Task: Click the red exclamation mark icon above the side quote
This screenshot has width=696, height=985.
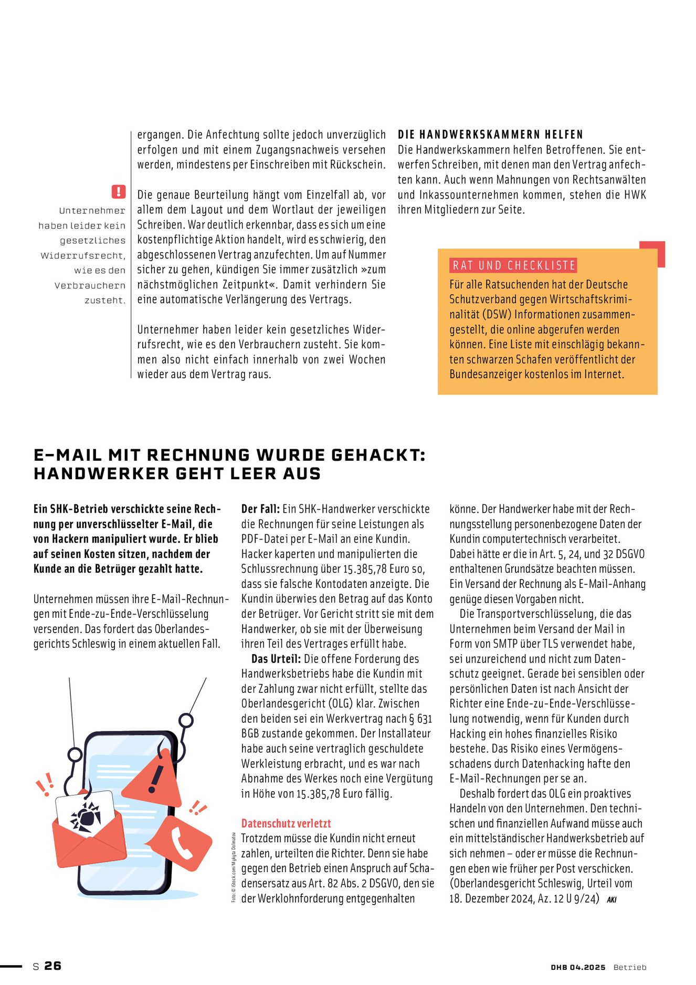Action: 119,191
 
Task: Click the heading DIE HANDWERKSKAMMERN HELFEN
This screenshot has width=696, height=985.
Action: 490,134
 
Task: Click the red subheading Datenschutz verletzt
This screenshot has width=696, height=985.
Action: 286,823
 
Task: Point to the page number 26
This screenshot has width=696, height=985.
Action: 52,966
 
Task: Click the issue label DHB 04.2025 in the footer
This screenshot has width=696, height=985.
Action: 578,967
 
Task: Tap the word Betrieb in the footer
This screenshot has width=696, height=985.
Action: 630,967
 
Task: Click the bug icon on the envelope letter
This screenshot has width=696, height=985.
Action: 86,817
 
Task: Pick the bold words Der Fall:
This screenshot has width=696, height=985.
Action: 260,509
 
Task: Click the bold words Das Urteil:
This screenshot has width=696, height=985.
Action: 276,659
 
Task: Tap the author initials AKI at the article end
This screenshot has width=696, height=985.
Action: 611,899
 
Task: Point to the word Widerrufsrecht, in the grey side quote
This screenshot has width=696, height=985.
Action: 83,256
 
